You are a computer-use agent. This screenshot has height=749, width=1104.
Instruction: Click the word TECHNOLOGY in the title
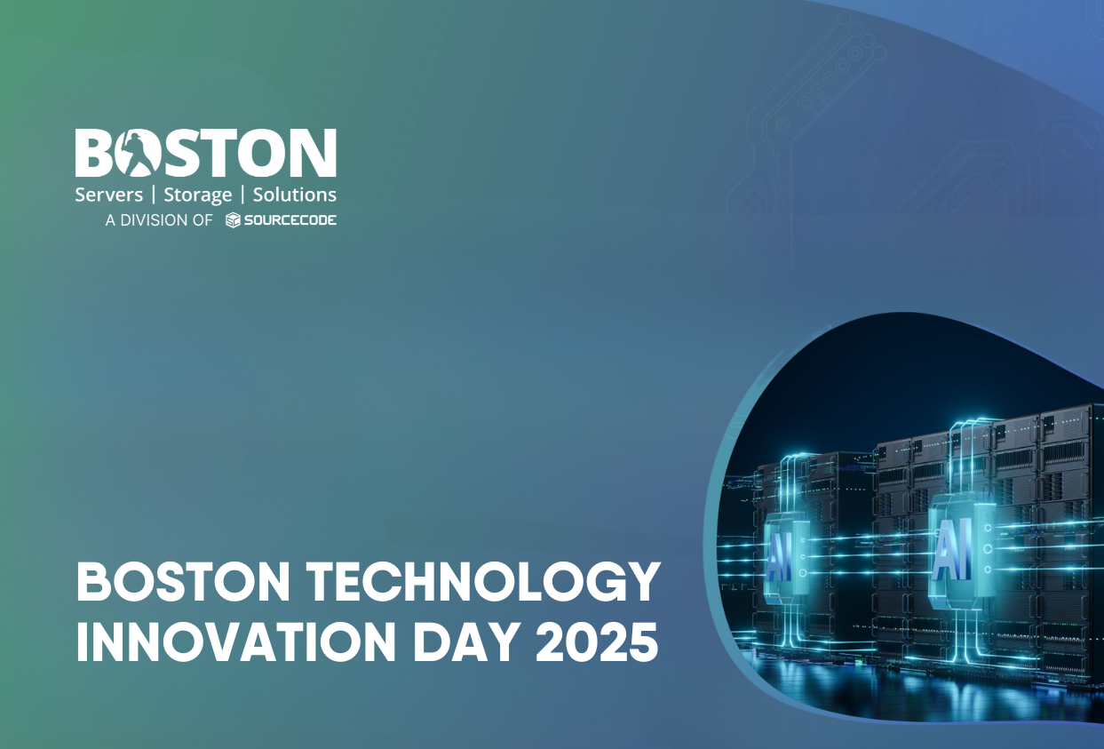483,582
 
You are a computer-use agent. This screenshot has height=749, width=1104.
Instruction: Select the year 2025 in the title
597,642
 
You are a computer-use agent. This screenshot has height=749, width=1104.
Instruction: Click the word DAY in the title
465,642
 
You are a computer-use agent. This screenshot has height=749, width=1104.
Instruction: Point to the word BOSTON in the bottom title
183,582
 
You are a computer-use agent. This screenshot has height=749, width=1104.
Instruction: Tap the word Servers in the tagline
109,195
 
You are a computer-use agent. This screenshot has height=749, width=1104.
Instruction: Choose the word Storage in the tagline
198,195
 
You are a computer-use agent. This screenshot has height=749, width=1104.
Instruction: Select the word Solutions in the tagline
295,195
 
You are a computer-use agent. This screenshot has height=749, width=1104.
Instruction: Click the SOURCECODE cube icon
233,220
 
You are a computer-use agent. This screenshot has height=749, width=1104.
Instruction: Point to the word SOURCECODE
290,220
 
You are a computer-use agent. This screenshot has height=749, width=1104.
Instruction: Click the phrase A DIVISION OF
159,220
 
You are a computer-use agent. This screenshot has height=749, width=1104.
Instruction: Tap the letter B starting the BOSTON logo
93,153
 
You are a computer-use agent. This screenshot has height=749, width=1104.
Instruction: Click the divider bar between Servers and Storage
154,195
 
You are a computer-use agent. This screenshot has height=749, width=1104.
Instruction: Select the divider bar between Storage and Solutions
242,195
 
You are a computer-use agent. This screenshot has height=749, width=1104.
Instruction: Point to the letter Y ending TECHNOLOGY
641,583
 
